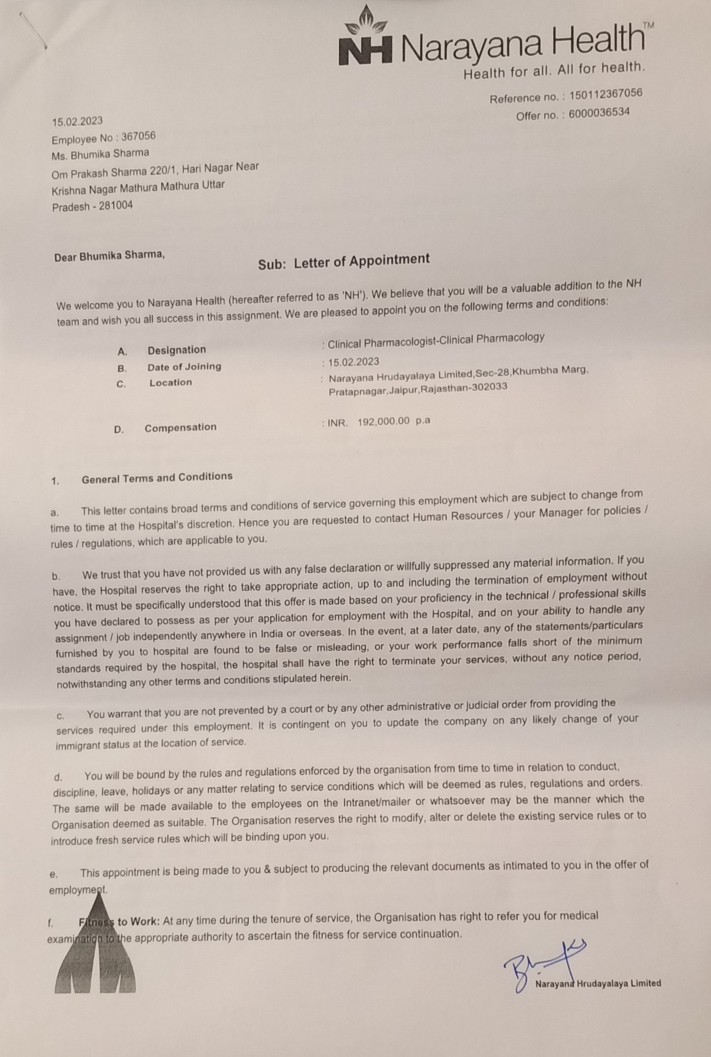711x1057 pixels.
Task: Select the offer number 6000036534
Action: coord(598,113)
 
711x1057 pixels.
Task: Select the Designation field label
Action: coord(176,350)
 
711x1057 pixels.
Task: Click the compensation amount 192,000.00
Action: coord(383,421)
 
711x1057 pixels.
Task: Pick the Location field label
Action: coord(171,382)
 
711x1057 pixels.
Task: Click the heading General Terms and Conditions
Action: coord(157,477)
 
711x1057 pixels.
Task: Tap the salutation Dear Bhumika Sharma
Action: coord(109,256)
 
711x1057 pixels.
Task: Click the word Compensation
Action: coord(180,427)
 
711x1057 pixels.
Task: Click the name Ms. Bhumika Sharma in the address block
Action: coord(100,154)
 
